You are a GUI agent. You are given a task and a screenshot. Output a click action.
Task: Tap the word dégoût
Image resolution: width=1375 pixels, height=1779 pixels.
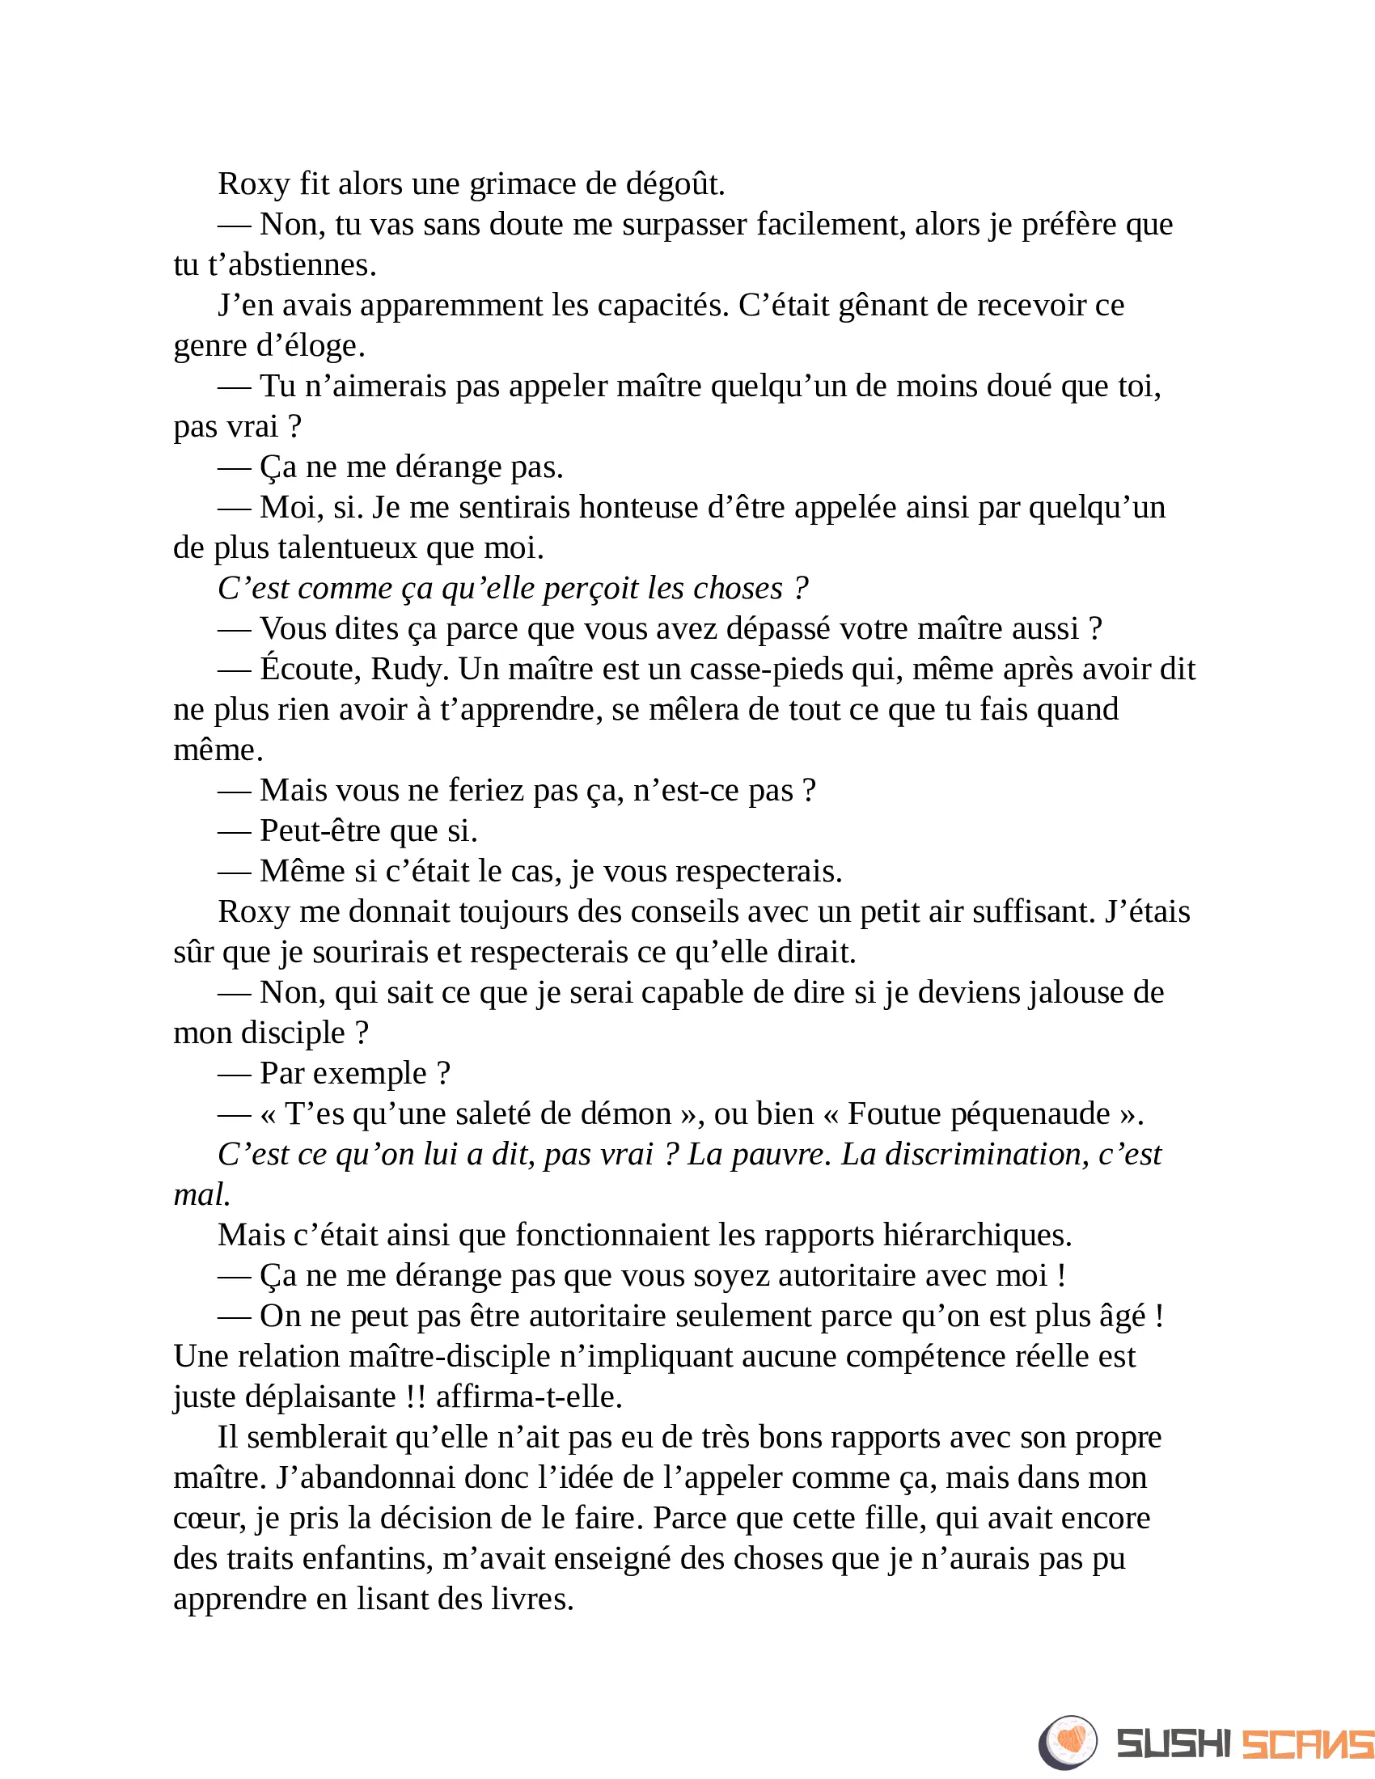675,184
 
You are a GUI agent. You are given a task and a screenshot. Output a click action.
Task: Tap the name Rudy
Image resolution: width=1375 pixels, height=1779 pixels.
409,670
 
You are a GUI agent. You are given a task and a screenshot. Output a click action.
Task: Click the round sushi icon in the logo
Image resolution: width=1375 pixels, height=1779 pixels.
1068,1742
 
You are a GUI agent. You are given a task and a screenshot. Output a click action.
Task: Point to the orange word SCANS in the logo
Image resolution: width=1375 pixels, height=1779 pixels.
1306,1744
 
